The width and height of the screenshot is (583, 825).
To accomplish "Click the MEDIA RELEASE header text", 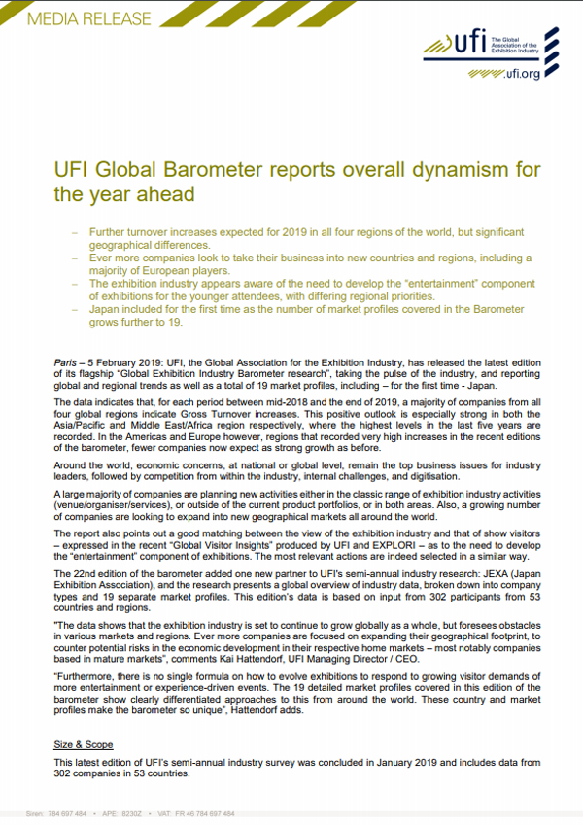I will pos(77,18).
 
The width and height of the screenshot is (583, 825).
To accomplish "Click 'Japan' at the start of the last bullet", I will pos(105,309).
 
